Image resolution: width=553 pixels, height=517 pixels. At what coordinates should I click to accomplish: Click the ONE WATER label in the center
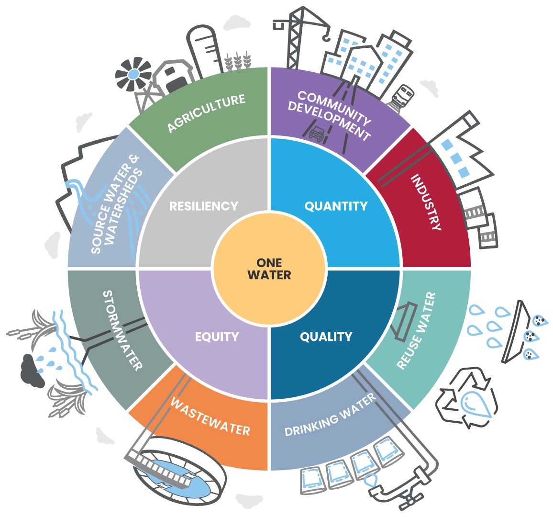(269, 269)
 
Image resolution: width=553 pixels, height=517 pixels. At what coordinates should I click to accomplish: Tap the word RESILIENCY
(204, 206)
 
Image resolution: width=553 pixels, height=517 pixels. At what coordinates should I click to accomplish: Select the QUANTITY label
(336, 206)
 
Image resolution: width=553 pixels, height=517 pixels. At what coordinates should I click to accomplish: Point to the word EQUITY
(217, 337)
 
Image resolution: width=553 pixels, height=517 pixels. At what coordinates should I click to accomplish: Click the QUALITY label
(326, 337)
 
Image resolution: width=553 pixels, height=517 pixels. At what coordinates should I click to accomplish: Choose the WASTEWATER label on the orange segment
(210, 416)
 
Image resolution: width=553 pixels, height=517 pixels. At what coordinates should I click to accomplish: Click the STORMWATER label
(123, 330)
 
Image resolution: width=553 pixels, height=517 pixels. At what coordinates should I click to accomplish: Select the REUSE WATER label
(417, 330)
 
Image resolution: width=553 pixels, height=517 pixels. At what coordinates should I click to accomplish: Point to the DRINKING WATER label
(330, 415)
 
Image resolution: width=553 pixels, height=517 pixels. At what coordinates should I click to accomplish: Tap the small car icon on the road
(316, 134)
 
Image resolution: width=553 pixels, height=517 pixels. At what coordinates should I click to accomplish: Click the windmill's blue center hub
(133, 74)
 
